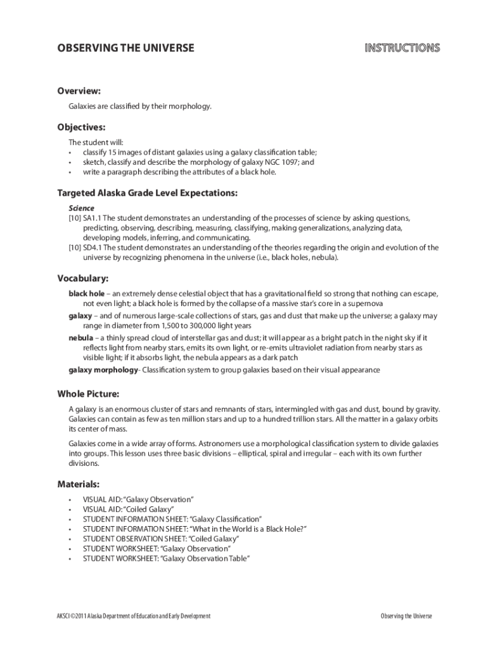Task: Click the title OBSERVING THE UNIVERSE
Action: (x=126, y=48)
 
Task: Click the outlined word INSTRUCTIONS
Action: (x=402, y=48)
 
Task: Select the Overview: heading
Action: (x=79, y=91)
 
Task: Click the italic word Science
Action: (x=81, y=208)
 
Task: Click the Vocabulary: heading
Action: (x=83, y=278)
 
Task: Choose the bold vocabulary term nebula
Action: (x=80, y=338)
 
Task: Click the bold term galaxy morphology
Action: (x=103, y=369)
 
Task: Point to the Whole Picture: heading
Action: (x=88, y=394)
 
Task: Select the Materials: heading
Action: (x=79, y=484)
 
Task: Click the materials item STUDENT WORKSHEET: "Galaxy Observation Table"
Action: (x=167, y=558)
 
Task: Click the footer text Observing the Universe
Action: (x=406, y=616)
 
